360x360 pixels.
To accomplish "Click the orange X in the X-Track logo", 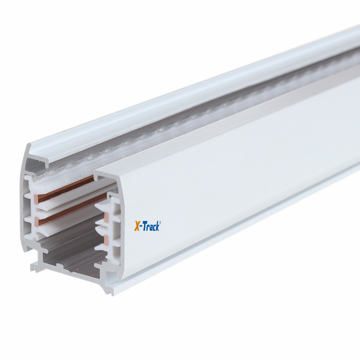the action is click(137, 226).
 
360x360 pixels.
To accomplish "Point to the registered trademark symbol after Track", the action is click(160, 222).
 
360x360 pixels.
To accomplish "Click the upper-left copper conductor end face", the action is click(36, 199).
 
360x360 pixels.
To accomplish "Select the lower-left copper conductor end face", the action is click(36, 222).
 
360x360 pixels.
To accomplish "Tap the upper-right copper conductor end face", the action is click(107, 217).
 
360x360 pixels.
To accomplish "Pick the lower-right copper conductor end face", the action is click(106, 240).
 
